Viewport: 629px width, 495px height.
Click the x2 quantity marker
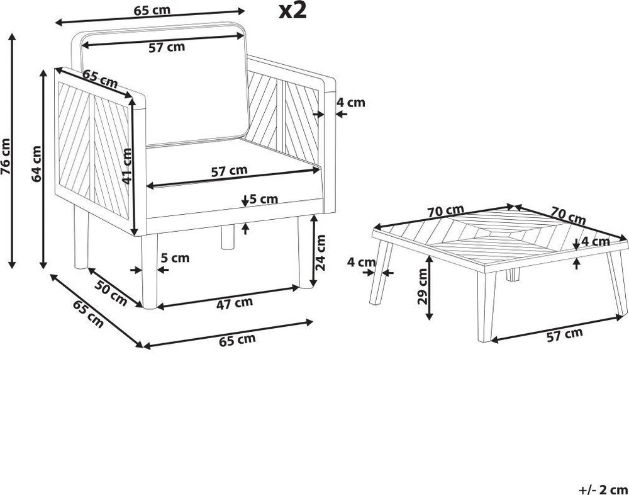(293, 11)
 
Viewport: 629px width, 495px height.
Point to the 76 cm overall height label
(6, 157)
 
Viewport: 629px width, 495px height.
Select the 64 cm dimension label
(36, 164)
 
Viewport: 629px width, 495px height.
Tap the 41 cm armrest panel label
(127, 166)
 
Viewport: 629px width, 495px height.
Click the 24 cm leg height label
(321, 253)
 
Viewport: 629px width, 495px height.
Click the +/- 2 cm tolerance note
(604, 489)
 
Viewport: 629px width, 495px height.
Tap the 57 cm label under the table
(564, 334)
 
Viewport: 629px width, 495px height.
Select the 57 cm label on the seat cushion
(229, 171)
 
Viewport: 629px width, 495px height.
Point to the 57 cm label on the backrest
(167, 47)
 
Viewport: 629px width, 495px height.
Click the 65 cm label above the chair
(152, 11)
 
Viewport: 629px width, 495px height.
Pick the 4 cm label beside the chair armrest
(350, 103)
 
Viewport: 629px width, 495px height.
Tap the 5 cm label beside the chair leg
(175, 258)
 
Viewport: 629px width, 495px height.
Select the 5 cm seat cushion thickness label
(264, 198)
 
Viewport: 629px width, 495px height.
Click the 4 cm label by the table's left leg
(362, 263)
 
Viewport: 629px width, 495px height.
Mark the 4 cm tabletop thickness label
(596, 241)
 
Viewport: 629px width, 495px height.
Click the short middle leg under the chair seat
(228, 237)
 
